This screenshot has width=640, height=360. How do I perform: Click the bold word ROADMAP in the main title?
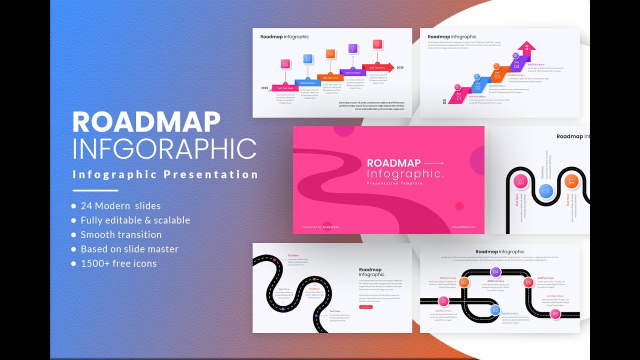[x=146, y=122]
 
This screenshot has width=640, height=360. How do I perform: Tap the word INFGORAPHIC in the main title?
[x=164, y=148]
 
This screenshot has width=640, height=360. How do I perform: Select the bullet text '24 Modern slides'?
[x=120, y=205]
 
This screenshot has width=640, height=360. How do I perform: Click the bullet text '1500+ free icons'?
[x=118, y=263]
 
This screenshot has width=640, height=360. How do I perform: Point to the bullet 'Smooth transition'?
[x=121, y=234]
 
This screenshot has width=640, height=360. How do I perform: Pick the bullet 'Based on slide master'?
[x=129, y=249]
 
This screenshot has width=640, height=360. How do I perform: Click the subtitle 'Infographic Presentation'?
[x=165, y=174]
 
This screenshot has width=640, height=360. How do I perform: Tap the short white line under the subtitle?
[x=95, y=190]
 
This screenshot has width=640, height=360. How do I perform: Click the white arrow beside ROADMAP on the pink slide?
[x=433, y=163]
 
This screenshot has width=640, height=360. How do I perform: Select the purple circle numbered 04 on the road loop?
[x=495, y=272]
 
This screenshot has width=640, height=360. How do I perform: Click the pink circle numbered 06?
[x=555, y=314]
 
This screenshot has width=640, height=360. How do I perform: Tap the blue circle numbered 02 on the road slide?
[x=495, y=310]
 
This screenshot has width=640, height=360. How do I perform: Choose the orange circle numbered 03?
[x=464, y=282]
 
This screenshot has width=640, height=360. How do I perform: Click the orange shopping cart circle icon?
[x=571, y=181]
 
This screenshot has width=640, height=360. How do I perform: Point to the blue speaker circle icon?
[x=546, y=191]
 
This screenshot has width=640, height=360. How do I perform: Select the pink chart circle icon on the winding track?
[x=521, y=181]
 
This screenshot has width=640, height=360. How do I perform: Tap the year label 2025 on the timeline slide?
[x=265, y=88]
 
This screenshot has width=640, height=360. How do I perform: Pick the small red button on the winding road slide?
[x=365, y=307]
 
